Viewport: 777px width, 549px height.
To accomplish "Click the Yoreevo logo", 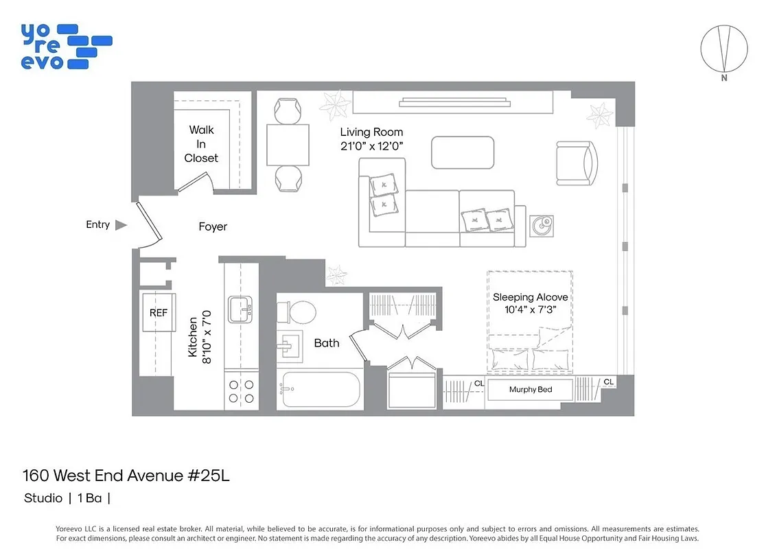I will pos(66,46).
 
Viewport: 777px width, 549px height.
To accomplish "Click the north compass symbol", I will pos(723,49).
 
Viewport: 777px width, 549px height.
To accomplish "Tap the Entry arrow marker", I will pos(121,224).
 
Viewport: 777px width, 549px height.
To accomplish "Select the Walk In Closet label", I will pos(201,144).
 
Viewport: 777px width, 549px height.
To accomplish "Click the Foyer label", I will pos(213,226).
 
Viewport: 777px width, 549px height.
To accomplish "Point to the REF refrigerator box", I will pos(159,312).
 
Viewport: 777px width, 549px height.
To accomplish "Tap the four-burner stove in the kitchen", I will pos(241,391).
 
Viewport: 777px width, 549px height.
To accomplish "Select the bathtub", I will pos(319,390).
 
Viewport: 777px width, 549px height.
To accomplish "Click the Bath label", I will pos(327,342).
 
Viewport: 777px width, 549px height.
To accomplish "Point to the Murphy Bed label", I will pos(531,390).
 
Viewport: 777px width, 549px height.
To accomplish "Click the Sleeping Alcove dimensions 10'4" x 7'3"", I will pos(530,309).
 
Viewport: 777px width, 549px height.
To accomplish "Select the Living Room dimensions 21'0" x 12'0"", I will pos(371,145).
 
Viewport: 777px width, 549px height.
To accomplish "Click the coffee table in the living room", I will pos(463,152).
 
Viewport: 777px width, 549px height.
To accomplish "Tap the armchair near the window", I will pos(577,163).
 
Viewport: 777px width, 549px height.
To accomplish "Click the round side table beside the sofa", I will pos(542,224).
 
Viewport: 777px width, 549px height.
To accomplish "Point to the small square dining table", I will pos(288,145).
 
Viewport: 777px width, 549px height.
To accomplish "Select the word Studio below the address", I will pos(43,498).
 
